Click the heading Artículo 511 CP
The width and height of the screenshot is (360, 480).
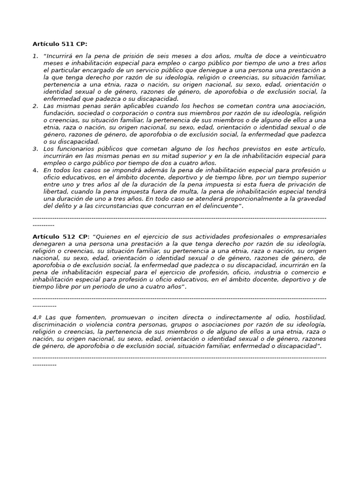pyautogui.click(x=60, y=44)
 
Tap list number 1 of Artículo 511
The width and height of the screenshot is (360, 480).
pyautogui.click(x=35, y=56)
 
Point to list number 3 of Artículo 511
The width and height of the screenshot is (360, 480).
pyautogui.click(x=35, y=149)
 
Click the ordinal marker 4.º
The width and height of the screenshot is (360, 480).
pyautogui.click(x=37, y=317)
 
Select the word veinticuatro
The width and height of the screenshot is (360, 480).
pyautogui.click(x=307, y=56)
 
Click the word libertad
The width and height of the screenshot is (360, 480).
pyautogui.click(x=56, y=192)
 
